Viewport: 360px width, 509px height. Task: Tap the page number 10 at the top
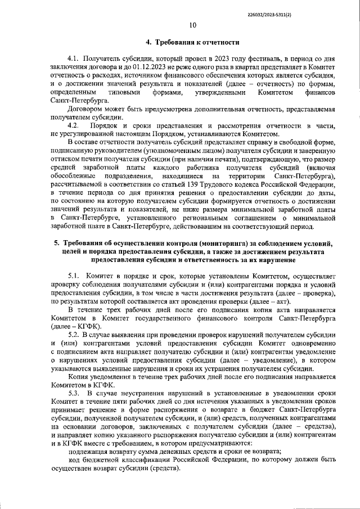[193, 24]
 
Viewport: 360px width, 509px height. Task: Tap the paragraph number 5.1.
[74, 276]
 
